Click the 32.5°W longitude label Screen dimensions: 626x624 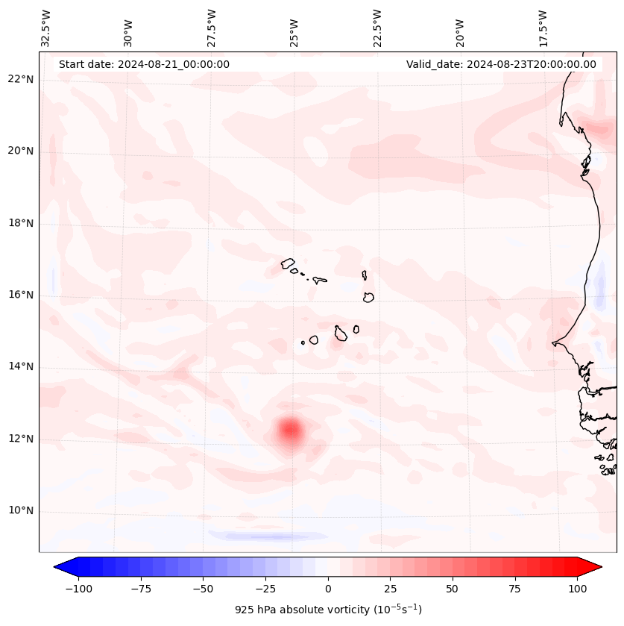coord(46,28)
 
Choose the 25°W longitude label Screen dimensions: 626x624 coord(294,28)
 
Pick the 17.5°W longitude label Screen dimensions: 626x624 coord(543,28)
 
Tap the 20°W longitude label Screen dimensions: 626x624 coord(460,28)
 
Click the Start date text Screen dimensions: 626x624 coord(144,64)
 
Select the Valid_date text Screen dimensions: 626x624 coord(501,64)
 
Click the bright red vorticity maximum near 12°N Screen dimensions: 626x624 coord(289,430)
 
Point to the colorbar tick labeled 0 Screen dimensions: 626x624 coord(328,589)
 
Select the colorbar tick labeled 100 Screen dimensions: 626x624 coord(577,589)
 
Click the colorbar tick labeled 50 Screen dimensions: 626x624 coord(453,589)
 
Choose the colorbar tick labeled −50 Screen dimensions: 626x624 coord(204,589)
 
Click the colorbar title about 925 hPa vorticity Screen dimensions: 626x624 coord(328,610)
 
